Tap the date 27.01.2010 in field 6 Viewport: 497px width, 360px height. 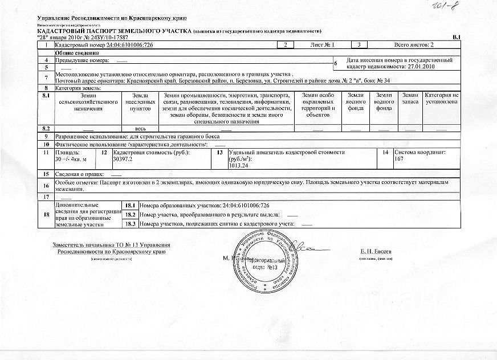pos(422,66)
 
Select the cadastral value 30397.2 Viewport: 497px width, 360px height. pos(123,159)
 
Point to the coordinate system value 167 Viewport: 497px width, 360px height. pos(399,159)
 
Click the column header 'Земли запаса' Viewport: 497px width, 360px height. pos(410,98)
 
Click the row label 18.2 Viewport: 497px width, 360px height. pos(130,214)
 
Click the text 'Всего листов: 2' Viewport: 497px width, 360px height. pos(414,44)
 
